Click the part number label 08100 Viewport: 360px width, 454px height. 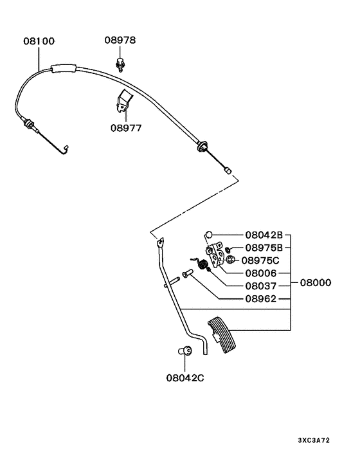click(x=39, y=41)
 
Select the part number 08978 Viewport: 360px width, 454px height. click(x=120, y=40)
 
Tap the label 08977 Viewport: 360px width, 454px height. click(x=126, y=128)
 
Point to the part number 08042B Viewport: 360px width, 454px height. click(x=264, y=235)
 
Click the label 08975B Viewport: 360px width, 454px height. click(x=264, y=248)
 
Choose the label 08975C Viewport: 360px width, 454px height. click(x=260, y=260)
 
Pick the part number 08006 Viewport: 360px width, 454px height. click(x=261, y=273)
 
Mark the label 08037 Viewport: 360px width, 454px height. click(x=261, y=286)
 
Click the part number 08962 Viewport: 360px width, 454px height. click(x=261, y=299)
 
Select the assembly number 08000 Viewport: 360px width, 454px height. click(x=316, y=282)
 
